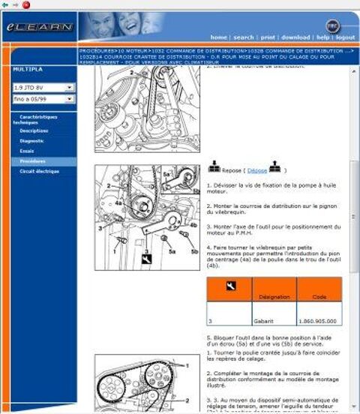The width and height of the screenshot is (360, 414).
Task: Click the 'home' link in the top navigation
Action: tap(218, 37)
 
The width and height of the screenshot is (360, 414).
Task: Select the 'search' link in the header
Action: tap(244, 37)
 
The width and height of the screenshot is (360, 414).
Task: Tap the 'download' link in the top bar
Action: tap(295, 37)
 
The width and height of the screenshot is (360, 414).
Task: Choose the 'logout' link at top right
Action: tap(346, 37)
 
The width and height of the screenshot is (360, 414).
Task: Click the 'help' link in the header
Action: tap(322, 37)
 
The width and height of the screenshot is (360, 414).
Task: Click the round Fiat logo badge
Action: tap(332, 25)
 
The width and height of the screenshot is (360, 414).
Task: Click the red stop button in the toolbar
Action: tap(26, 4)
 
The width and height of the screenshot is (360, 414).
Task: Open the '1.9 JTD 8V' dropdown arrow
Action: tap(70, 88)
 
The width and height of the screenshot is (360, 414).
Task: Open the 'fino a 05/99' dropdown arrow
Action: tap(70, 98)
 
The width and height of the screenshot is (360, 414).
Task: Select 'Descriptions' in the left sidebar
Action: tap(34, 130)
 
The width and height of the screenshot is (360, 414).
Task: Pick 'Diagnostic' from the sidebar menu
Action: tap(32, 140)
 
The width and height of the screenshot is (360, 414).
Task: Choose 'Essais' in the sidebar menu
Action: tap(27, 151)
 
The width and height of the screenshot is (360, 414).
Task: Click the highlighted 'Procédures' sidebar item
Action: tap(33, 161)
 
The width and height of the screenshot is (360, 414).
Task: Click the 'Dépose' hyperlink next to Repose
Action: tap(257, 170)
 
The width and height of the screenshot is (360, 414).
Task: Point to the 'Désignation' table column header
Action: tap(274, 297)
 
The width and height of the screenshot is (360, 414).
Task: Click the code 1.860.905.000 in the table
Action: tap(319, 320)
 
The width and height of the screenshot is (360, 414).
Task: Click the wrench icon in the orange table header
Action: tap(228, 286)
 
